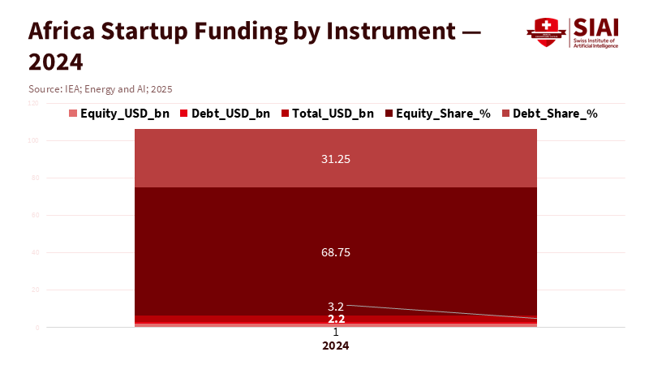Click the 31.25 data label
[x=336, y=160]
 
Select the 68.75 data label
[x=336, y=252]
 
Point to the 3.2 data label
[x=336, y=307]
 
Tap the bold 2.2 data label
[x=336, y=319]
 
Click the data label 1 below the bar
[x=336, y=333]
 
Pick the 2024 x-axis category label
[x=336, y=346]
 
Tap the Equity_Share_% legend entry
[x=438, y=114]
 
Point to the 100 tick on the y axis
[x=32, y=141]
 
